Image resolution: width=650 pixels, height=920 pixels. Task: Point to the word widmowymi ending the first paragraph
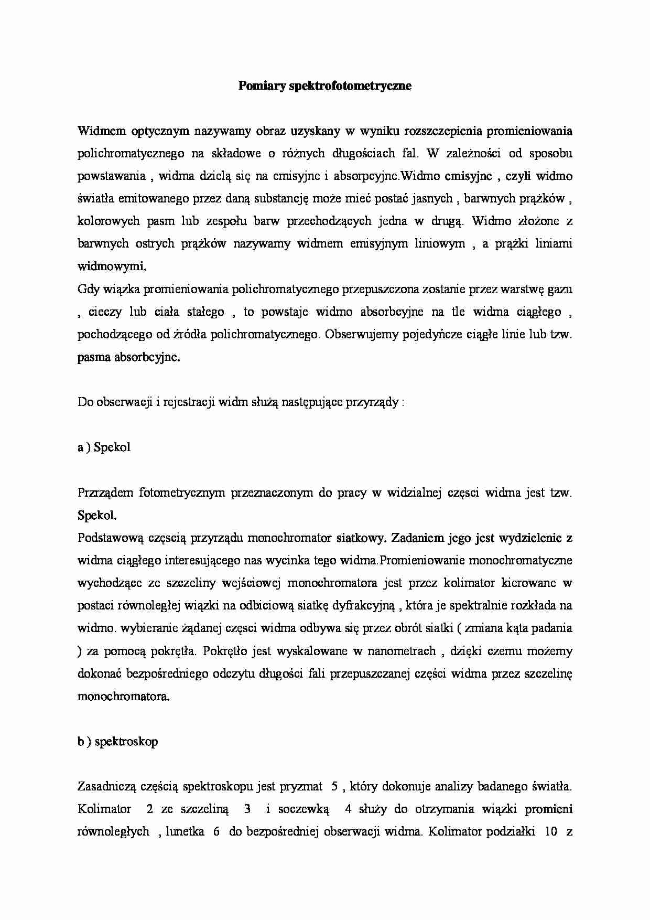click(112, 266)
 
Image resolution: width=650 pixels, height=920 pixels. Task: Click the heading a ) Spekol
click(104, 447)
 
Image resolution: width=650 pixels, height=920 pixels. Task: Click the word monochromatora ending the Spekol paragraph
click(123, 697)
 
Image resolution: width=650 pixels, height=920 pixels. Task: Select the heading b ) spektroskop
click(117, 742)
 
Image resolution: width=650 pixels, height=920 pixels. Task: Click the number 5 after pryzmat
click(334, 787)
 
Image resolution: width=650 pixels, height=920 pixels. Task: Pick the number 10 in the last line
click(550, 832)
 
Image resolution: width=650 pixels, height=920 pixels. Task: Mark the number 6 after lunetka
click(215, 832)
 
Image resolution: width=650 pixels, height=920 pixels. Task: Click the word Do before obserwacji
click(85, 403)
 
